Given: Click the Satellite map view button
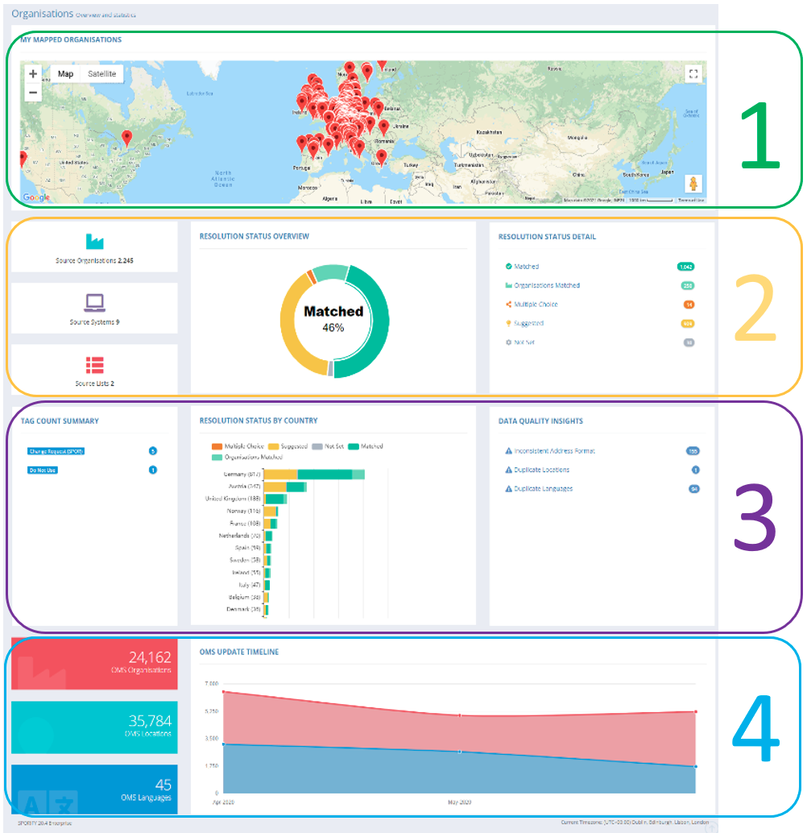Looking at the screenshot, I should click(x=101, y=74).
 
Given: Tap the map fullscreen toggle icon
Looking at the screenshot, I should click(x=693, y=74).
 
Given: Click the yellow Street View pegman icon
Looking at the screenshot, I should click(x=693, y=184).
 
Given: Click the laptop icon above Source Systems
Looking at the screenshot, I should click(x=95, y=302).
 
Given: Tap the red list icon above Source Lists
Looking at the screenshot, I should click(x=95, y=364).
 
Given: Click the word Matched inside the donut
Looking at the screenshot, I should click(x=333, y=311).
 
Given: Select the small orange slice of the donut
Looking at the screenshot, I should click(x=311, y=276).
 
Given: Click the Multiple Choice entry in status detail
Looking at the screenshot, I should click(x=536, y=305).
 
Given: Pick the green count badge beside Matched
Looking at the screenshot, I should click(x=686, y=267).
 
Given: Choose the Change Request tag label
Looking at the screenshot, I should click(x=56, y=451).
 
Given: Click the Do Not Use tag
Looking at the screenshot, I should click(x=43, y=470).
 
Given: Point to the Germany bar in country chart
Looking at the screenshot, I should click(x=315, y=475).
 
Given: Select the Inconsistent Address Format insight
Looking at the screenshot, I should click(x=554, y=451).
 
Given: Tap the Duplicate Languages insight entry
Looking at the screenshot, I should click(x=543, y=489).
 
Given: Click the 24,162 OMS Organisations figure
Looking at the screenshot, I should click(x=150, y=658).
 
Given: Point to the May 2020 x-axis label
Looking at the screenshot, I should click(x=460, y=802).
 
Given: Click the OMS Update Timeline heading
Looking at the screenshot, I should click(x=239, y=652).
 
